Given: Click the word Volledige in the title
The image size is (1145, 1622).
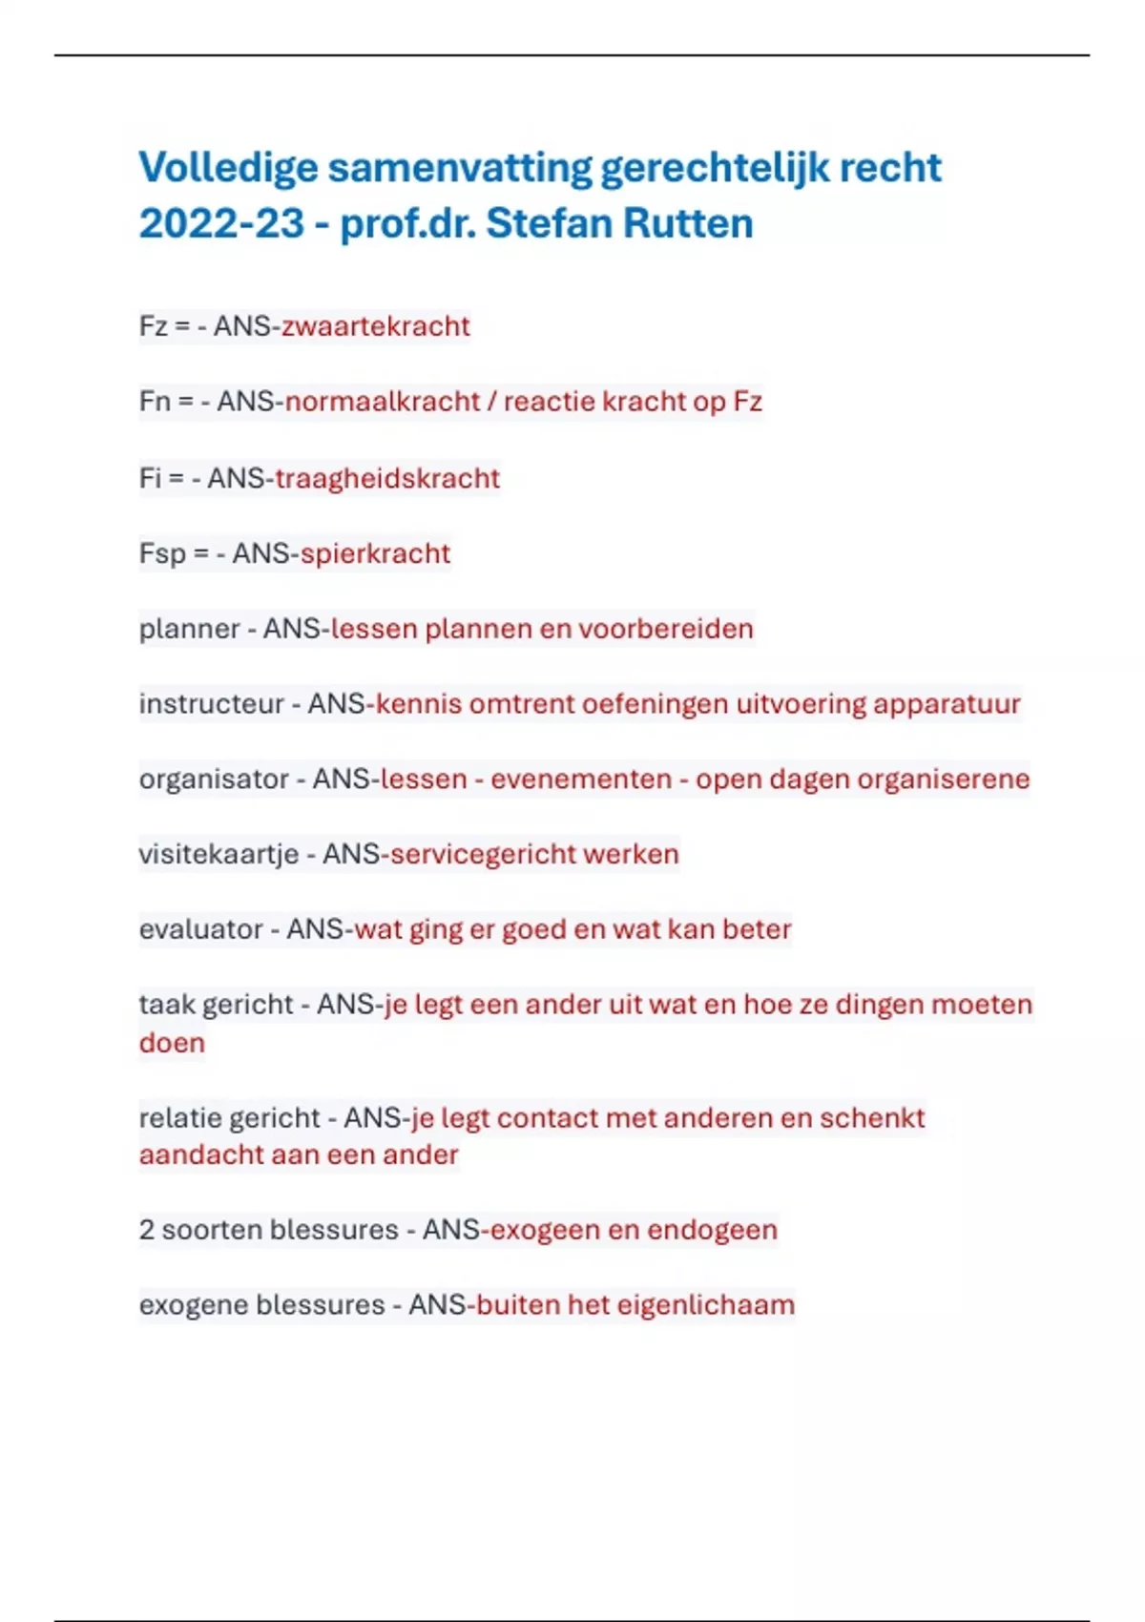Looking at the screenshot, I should coord(228,168).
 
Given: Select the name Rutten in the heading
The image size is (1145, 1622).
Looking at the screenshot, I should coord(688,224).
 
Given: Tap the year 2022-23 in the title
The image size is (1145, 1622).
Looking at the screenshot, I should coord(221,224).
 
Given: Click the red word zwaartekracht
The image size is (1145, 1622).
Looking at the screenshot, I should coord(375,326).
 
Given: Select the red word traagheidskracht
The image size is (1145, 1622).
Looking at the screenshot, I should coord(387,478).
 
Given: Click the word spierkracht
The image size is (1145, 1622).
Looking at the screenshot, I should coord(375,554).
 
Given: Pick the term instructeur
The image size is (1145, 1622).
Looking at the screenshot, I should coord(212,704).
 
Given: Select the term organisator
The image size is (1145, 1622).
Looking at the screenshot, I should coord(214,780).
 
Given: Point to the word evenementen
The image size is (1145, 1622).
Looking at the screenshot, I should coord(581,780).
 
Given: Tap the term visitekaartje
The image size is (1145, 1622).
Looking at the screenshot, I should coord(219,855).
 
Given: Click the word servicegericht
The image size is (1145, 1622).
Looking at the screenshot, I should coord(483,855).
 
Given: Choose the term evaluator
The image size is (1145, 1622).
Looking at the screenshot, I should coord(200,929).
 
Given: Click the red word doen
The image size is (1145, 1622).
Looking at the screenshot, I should coord(172,1043).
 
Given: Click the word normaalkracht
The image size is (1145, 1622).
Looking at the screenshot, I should coord(383,402).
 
